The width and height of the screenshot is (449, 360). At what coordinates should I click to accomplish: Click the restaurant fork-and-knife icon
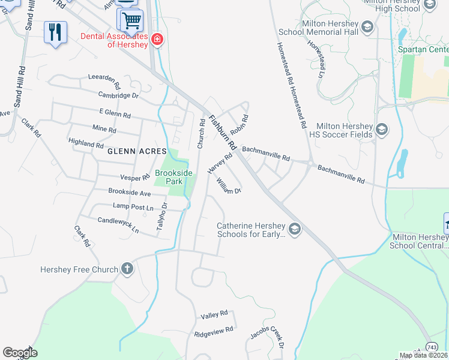tap(55, 31)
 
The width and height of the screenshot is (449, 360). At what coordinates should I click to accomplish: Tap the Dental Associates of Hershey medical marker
tap(157, 40)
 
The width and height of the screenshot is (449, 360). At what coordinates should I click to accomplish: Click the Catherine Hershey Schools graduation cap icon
tap(294, 229)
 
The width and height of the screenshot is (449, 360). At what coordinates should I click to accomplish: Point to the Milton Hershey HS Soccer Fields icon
tap(381, 130)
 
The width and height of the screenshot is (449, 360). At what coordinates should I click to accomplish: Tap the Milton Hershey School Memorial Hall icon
tap(367, 27)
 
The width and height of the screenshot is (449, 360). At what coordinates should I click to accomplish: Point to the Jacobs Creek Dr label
tap(267, 335)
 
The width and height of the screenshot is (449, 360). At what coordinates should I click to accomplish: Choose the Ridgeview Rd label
tap(213, 332)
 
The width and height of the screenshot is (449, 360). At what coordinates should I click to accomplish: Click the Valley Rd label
tap(214, 314)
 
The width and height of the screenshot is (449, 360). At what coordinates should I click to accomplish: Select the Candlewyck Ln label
tap(118, 225)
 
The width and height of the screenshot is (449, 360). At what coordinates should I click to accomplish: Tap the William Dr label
tap(229, 186)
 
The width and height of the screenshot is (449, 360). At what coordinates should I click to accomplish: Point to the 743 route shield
tap(432, 347)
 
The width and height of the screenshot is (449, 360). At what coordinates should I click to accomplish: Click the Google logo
tap(20, 353)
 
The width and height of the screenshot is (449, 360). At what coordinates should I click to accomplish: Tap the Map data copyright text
tap(424, 355)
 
